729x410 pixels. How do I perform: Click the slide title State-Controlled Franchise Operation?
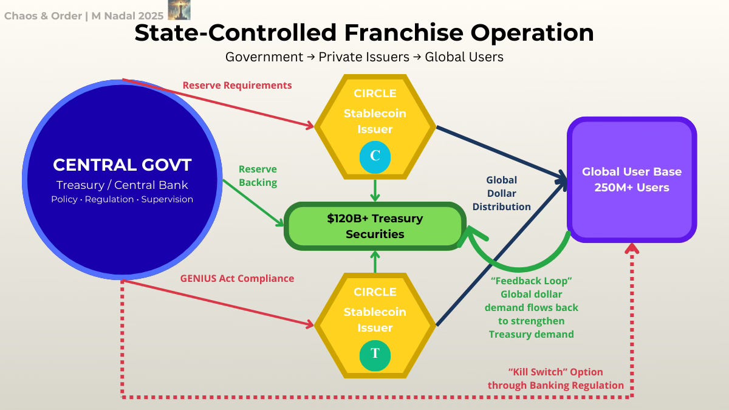(364, 32)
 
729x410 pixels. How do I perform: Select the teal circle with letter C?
(375, 155)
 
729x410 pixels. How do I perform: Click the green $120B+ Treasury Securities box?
(375, 226)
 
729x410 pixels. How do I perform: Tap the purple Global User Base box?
(632, 180)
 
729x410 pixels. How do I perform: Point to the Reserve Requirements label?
(237, 86)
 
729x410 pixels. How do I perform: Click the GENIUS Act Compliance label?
(237, 279)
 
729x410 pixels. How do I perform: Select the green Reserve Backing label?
(258, 176)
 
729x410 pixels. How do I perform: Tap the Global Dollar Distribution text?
(502, 193)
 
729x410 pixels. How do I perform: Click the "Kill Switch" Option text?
(555, 372)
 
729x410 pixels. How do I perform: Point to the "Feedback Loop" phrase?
(532, 281)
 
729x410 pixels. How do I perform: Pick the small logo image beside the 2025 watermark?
(179, 10)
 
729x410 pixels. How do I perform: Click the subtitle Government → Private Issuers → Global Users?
(364, 57)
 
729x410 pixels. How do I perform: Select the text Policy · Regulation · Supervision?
(122, 199)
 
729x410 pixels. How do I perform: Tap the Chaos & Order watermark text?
(84, 16)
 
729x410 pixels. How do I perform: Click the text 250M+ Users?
(632, 188)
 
